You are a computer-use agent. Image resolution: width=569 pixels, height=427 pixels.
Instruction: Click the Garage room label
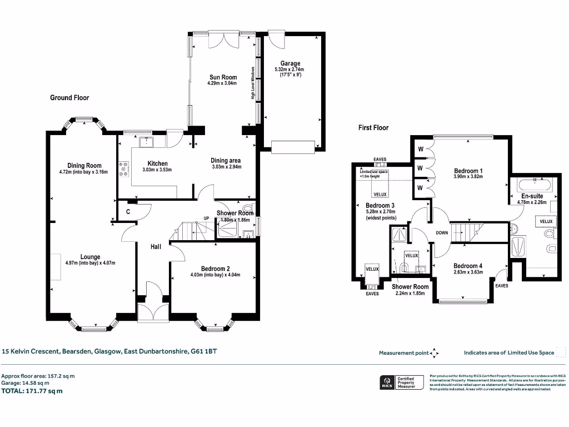290,64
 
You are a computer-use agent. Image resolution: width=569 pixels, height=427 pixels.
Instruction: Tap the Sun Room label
223,77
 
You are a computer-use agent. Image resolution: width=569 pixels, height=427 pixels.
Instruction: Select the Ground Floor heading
69,98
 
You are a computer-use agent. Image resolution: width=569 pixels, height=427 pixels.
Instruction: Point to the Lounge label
90,257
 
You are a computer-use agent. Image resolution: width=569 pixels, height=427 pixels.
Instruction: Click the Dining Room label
84,165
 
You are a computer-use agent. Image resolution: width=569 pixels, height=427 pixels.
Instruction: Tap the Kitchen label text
157,163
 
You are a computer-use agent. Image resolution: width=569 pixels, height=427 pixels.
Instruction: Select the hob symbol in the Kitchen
123,168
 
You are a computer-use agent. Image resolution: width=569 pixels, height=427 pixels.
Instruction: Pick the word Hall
156,246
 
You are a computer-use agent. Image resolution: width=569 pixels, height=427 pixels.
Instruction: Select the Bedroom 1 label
468,171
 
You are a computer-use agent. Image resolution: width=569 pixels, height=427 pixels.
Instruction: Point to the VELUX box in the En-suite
546,221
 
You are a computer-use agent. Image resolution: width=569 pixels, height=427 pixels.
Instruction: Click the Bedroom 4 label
467,265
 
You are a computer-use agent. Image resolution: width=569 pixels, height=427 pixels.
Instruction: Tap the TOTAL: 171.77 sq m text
32,391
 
